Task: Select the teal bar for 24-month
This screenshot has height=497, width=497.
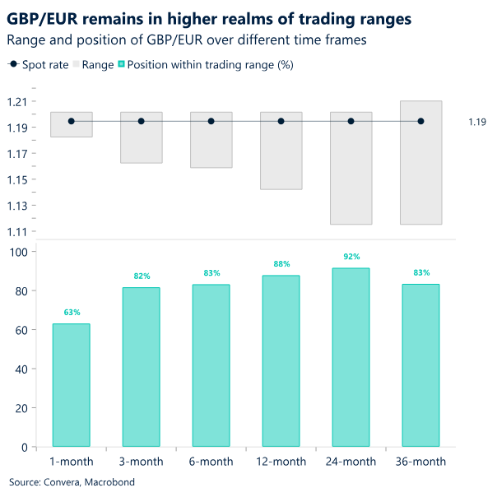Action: [351, 357]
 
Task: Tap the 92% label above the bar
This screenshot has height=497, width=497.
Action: [351, 257]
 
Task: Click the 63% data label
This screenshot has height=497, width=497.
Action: [72, 313]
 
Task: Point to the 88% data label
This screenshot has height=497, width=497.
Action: [281, 264]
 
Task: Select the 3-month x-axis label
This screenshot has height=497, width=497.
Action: [142, 462]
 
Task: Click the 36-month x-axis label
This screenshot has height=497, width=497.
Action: [420, 462]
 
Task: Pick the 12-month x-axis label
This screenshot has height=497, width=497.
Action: [281, 462]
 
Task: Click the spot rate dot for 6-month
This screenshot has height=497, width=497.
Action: [211, 121]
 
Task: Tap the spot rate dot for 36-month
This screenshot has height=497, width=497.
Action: [420, 121]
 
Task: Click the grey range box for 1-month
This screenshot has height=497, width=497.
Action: [72, 124]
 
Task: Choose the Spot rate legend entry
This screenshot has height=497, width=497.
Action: [39, 64]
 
